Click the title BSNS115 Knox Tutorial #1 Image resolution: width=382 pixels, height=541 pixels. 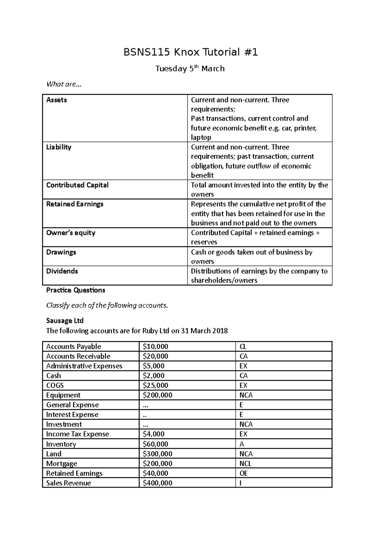point(190,52)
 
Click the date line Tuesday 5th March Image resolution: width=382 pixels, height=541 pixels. point(190,69)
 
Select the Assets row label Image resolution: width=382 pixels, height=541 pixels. point(57,100)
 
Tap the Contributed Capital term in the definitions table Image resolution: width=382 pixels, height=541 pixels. point(77,185)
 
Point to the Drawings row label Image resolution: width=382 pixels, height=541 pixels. point(61,252)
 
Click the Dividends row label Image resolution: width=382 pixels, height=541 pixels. point(62,271)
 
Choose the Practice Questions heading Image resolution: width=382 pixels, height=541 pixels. point(75,290)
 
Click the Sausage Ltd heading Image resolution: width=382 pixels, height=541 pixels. point(65,321)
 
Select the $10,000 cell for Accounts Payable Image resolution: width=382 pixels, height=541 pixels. point(155,347)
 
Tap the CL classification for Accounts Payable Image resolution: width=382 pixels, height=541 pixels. point(243,347)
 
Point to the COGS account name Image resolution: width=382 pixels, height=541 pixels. point(55,386)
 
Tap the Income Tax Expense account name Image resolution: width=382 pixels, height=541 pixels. point(77,434)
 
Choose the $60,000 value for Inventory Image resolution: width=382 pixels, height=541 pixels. point(155,444)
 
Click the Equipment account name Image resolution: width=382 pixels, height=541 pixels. point(63,395)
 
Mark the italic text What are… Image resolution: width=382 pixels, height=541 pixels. point(64,84)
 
